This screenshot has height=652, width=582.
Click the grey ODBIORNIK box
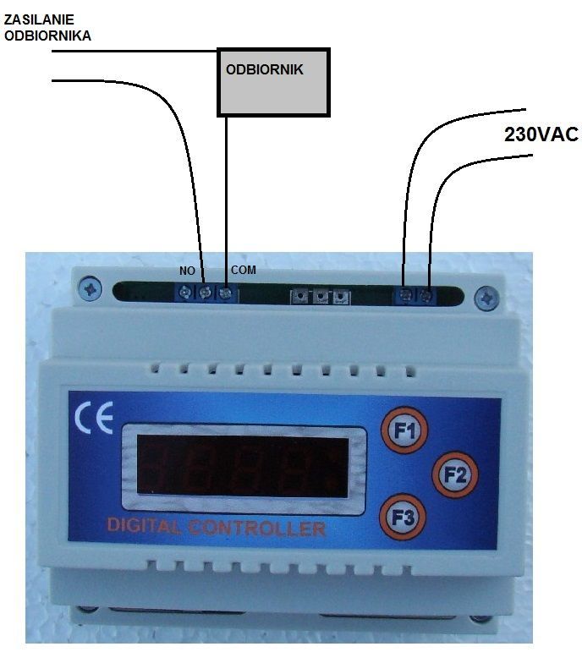(x=273, y=82)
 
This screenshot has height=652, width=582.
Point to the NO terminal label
(x=187, y=271)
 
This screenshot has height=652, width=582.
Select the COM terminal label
(x=244, y=270)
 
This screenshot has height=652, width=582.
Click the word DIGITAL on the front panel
(x=143, y=526)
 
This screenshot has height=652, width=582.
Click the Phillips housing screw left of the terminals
(x=90, y=289)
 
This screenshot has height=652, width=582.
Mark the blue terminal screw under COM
(x=225, y=293)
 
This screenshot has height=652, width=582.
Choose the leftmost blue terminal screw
(x=185, y=292)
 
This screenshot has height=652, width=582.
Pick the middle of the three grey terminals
(x=321, y=297)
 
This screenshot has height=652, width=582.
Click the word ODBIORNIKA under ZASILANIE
(x=47, y=36)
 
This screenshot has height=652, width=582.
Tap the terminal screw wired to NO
(x=205, y=292)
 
